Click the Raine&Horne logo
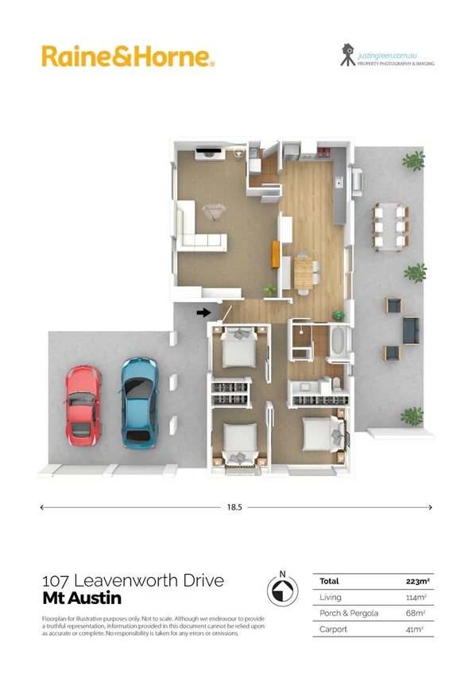[x=127, y=56]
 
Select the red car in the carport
[x=81, y=405]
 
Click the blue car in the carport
[x=138, y=402]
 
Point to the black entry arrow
[x=203, y=312]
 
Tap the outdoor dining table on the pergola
[x=389, y=225]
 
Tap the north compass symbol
[x=281, y=590]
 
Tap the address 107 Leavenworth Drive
[x=132, y=581]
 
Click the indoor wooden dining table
[x=305, y=271]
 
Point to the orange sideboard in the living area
[x=277, y=254]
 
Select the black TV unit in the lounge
[x=211, y=151]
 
